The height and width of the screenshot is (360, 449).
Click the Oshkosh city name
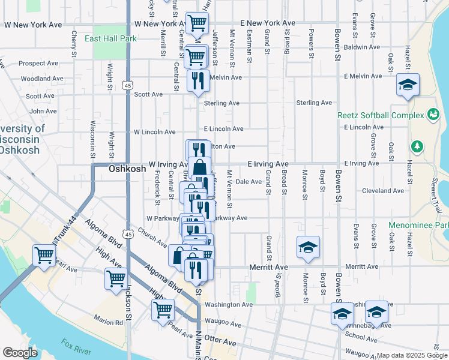pos(127,169)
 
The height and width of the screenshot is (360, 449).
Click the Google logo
pos(19,353)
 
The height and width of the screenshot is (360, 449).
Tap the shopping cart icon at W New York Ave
pos(196,24)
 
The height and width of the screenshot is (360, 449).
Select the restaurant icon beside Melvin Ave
pos(198,80)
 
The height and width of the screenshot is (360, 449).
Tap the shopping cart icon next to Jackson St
pos(115,278)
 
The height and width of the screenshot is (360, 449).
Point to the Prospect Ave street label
pos(37,63)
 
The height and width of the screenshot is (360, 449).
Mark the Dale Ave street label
pos(248,181)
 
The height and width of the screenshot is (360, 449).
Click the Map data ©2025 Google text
pos(411,355)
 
